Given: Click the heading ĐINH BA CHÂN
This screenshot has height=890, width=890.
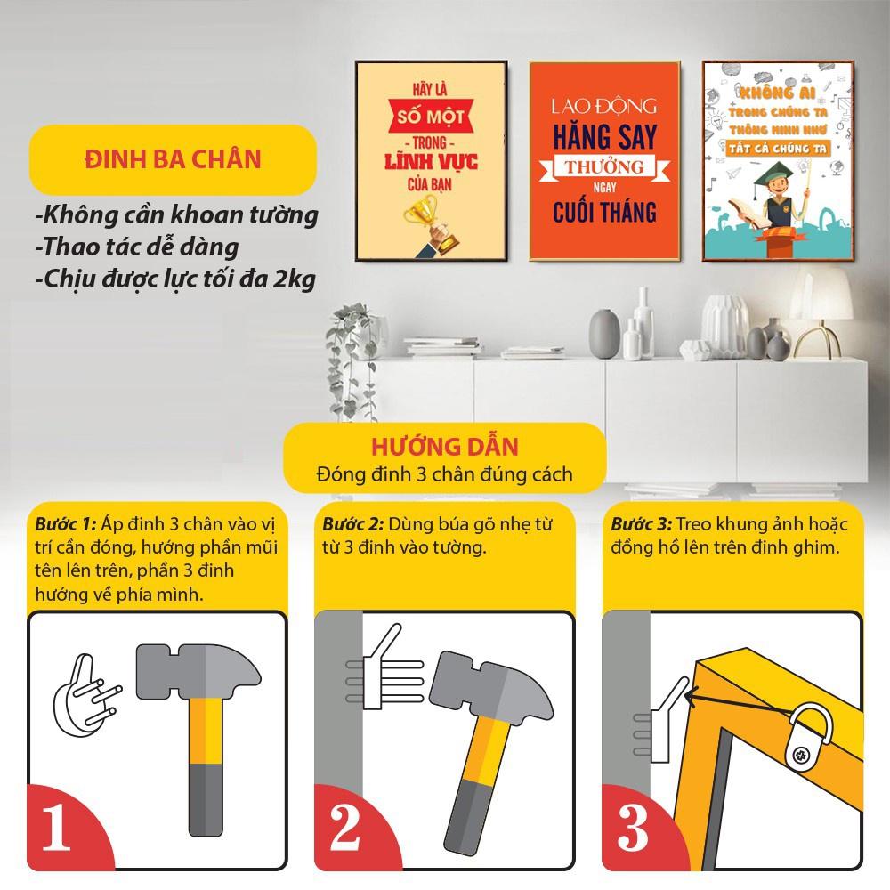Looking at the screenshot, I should click(173, 160).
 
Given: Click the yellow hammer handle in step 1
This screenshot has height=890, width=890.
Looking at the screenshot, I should click(206, 739).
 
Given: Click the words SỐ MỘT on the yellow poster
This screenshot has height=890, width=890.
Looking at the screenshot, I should click(432, 115).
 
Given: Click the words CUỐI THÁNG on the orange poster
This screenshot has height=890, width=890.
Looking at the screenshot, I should click(603, 212).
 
